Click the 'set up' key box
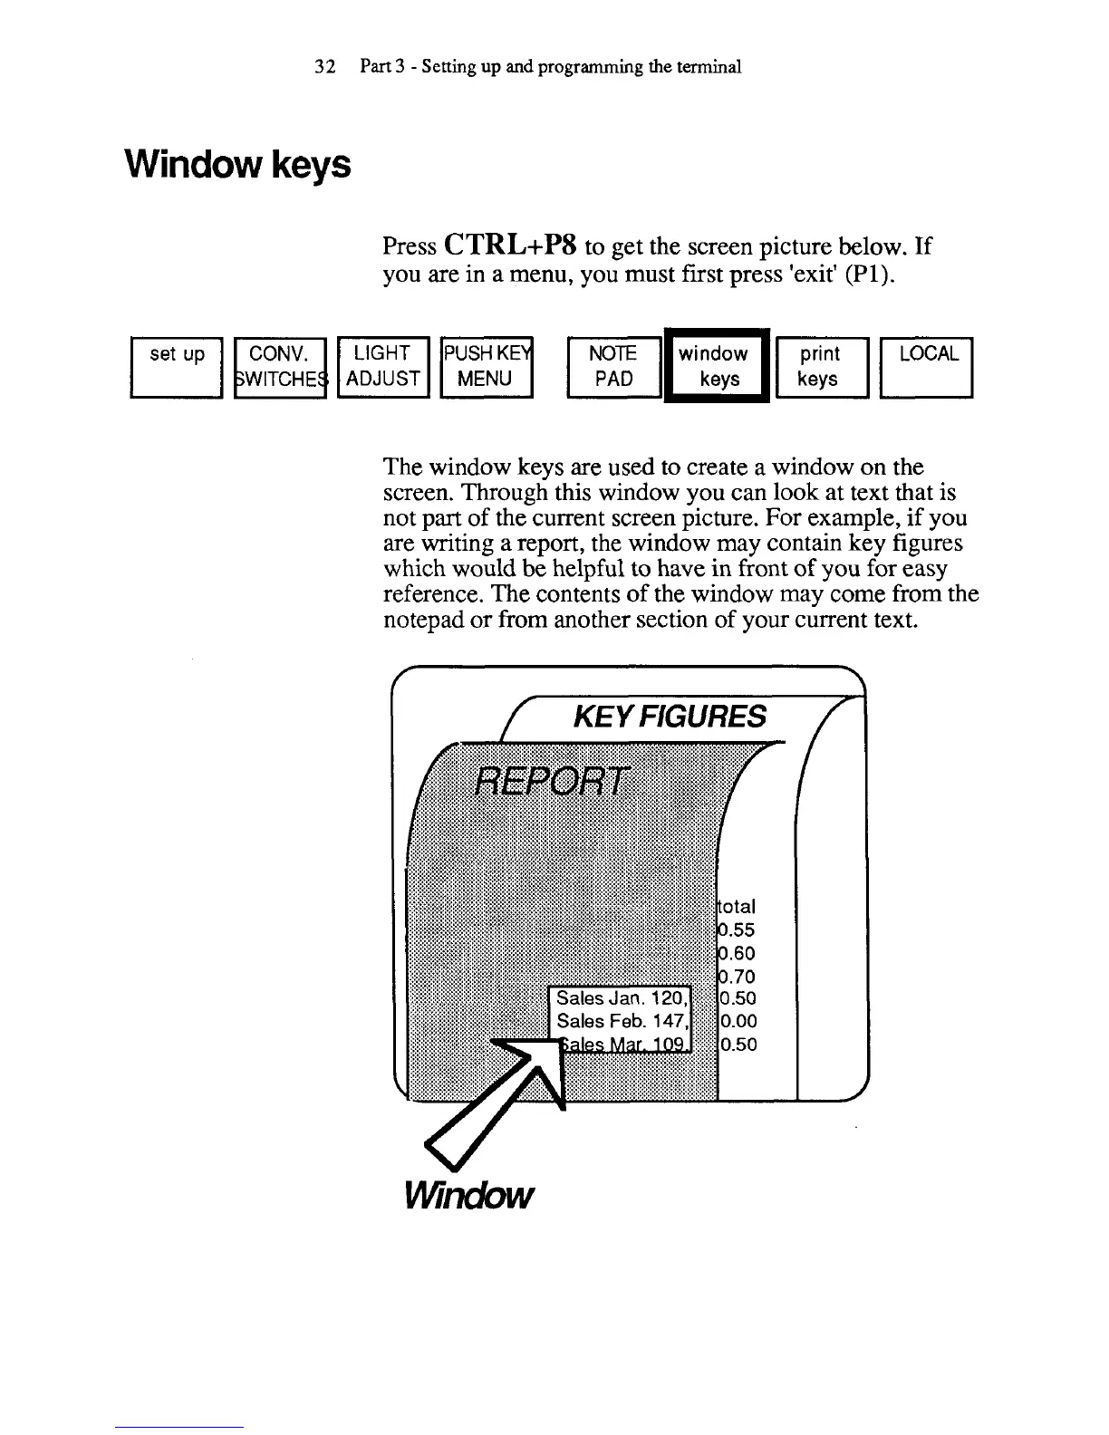point(177,366)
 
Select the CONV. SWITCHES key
point(279,366)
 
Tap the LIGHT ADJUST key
point(382,366)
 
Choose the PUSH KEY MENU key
point(486,366)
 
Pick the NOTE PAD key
point(612,366)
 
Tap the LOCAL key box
point(927,366)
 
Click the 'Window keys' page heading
point(236,166)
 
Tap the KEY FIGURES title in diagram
point(670,717)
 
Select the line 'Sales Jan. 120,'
point(622,998)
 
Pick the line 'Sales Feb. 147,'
point(622,1021)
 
